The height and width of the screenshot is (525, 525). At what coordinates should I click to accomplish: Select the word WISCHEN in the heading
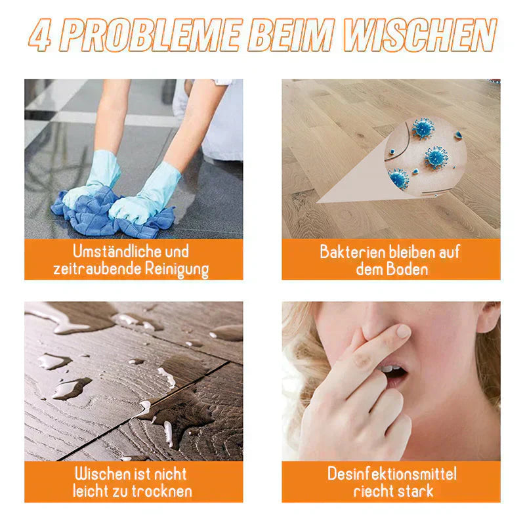(x=429, y=36)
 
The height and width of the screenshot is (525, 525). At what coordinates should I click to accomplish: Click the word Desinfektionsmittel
(x=392, y=474)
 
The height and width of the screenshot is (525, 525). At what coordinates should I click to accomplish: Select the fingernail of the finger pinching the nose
(x=402, y=331)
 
